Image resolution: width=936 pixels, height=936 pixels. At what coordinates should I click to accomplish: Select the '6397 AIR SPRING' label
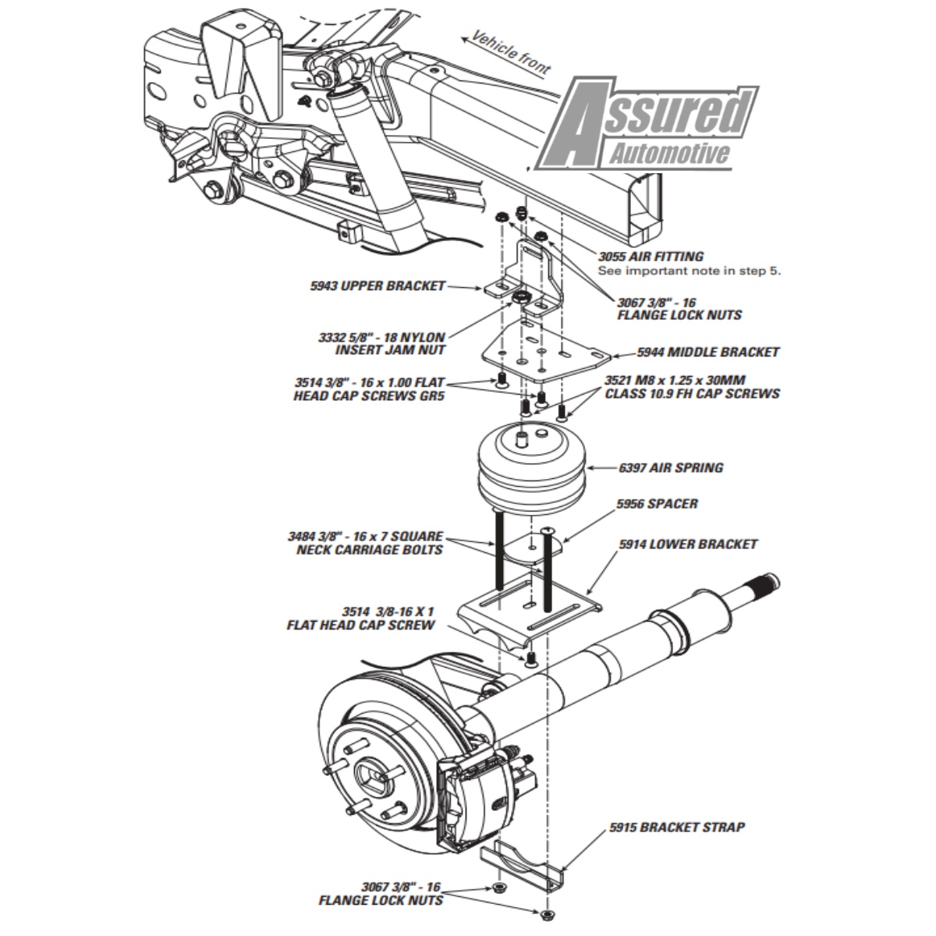(x=670, y=468)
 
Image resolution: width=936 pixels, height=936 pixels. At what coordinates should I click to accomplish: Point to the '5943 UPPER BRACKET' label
(x=378, y=286)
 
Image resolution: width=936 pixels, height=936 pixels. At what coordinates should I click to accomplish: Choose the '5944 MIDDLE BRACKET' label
(x=707, y=353)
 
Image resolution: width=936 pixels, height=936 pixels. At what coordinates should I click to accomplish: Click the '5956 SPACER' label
(x=657, y=504)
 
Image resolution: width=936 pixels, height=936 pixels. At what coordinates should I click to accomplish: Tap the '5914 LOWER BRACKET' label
(x=688, y=544)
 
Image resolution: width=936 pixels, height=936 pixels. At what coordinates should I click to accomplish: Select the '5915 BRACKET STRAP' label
(x=676, y=827)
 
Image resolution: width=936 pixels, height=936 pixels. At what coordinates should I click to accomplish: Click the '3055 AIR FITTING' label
(x=651, y=256)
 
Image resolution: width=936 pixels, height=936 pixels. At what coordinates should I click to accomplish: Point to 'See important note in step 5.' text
(x=689, y=271)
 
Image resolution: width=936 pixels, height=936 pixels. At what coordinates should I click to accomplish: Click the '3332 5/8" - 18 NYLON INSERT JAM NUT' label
(x=381, y=344)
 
